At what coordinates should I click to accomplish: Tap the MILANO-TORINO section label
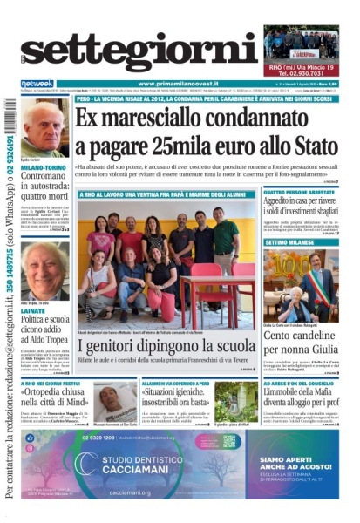[x=40, y=163]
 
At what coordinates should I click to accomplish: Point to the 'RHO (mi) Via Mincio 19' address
[x=300, y=65]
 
